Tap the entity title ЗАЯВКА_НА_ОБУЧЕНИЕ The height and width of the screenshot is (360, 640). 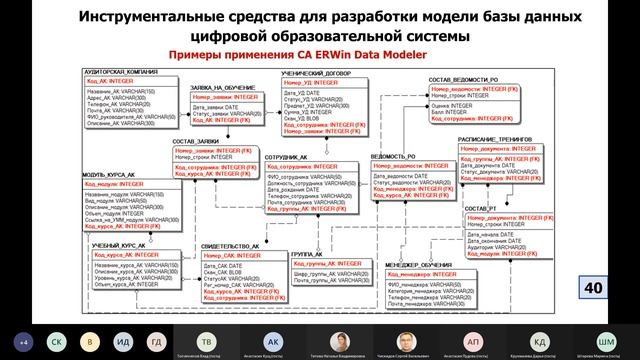tap(225, 88)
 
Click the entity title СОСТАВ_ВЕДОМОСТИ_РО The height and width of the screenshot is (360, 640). tap(461, 78)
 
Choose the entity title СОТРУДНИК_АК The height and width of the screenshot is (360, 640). tap(290, 158)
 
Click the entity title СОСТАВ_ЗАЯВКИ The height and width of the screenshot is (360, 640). tap(196, 141)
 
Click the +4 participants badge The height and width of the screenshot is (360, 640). tap(24, 341)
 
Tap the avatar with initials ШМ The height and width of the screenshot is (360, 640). tap(605, 341)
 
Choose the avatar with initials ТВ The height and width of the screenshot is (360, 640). tap(205, 341)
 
